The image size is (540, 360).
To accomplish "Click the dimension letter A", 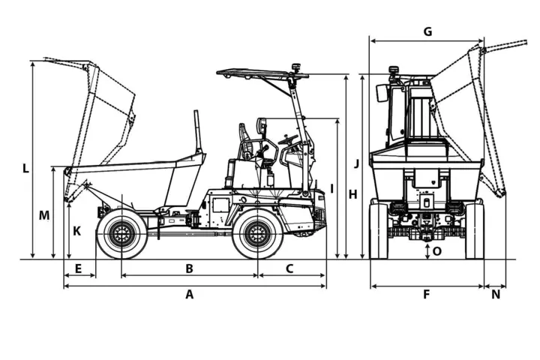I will click(190, 295).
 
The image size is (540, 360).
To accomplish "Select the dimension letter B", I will click(190, 268).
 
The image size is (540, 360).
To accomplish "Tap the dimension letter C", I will click(289, 268).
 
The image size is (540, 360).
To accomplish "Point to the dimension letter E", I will click(79, 268).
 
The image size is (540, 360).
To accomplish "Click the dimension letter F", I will click(426, 295).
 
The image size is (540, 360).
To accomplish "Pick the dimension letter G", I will click(427, 31).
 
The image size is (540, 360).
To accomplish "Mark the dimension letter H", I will click(353, 194).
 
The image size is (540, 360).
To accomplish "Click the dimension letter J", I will click(357, 163).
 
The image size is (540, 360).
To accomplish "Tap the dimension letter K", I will click(76, 231).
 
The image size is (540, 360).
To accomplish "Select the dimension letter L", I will click(25, 168).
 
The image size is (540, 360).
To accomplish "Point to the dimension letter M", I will click(44, 215).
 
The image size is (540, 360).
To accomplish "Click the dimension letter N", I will click(496, 295).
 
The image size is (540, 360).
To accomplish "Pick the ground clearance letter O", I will click(437, 250).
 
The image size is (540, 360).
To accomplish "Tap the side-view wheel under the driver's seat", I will click(257, 235).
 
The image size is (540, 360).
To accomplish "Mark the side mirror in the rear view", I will click(382, 93).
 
